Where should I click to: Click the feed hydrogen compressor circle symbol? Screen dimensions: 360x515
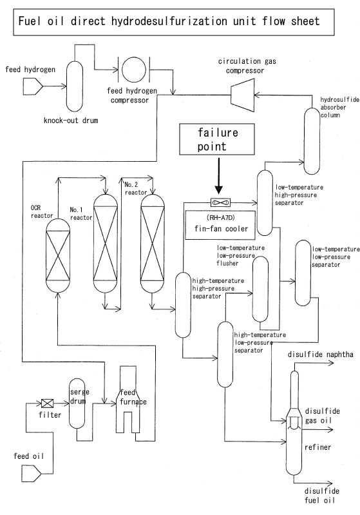(x=133, y=70)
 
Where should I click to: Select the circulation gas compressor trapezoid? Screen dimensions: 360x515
(x=243, y=95)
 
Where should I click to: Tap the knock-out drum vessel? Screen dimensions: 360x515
(x=75, y=86)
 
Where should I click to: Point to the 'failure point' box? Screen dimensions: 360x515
(x=217, y=139)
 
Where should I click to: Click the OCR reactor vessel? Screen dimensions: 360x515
(x=58, y=255)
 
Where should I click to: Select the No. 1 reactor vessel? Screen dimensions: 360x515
(x=106, y=243)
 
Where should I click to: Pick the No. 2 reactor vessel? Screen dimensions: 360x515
(x=153, y=243)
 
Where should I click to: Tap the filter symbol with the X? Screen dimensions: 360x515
(x=47, y=403)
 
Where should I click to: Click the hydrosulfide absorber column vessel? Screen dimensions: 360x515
(x=312, y=141)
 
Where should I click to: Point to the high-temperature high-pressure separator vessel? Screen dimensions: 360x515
(x=183, y=305)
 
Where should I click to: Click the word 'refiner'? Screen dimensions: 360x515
(x=317, y=447)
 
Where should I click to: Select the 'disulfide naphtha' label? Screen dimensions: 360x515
(x=321, y=355)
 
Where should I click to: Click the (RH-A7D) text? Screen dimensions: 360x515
(x=221, y=217)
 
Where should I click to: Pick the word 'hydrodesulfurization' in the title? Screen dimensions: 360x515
(x=169, y=21)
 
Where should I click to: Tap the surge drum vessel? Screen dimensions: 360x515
(x=77, y=403)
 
